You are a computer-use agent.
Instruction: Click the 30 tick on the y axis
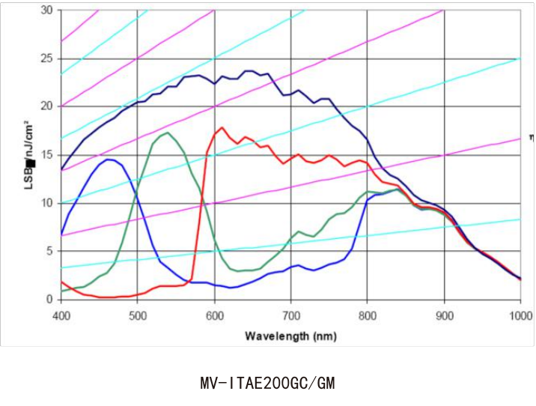click(47, 10)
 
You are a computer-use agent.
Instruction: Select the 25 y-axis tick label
click(47, 58)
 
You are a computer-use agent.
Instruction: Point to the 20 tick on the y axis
click(47, 106)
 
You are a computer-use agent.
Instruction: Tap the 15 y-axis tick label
click(47, 155)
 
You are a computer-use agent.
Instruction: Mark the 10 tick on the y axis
click(47, 203)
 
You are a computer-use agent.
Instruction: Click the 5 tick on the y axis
click(50, 251)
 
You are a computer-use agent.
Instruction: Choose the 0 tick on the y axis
click(50, 299)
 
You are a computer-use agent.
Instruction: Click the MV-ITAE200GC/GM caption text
click(268, 383)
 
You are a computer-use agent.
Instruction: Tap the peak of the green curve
click(168, 133)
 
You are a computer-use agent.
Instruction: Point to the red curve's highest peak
click(222, 128)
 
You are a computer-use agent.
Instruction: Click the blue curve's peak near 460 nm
click(109, 159)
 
